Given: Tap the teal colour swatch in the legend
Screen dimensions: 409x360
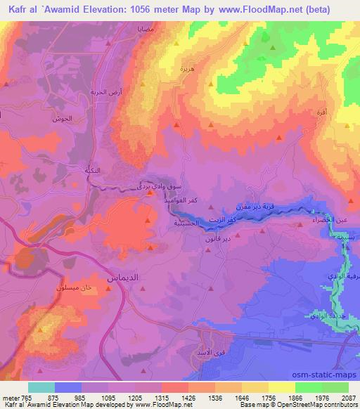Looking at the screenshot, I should point(41,387).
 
